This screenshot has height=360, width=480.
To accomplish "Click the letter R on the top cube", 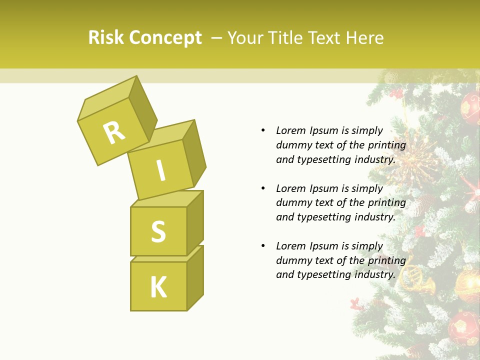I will click(x=114, y=132).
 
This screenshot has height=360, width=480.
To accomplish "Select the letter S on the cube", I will click(x=158, y=231).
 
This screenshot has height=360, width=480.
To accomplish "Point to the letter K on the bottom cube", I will click(x=158, y=287).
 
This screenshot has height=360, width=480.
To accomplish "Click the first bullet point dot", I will click(x=263, y=131).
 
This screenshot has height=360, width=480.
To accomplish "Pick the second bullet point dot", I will click(x=263, y=188).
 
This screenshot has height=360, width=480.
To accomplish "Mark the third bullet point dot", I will click(x=263, y=246).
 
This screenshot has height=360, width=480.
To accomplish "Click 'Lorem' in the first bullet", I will click(x=290, y=131).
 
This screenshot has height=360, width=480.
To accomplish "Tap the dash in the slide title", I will click(x=216, y=38).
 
